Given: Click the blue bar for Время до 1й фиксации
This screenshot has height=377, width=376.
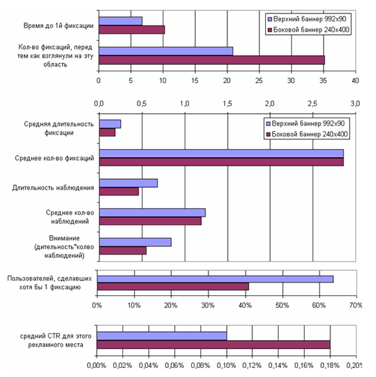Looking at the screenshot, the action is click(121, 21).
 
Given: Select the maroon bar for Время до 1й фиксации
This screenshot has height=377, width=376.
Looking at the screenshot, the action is click(132, 30).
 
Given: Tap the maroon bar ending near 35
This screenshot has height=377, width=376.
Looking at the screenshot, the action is click(212, 60).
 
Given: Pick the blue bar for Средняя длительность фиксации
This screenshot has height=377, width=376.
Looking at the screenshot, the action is click(110, 124).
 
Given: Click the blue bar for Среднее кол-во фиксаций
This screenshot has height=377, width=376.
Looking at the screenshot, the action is click(221, 154).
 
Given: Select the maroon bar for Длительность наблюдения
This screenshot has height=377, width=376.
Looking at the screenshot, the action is click(119, 191).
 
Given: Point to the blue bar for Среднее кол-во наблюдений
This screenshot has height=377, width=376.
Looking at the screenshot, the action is click(152, 212).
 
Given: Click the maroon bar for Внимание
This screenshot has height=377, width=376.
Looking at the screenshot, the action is click(123, 251).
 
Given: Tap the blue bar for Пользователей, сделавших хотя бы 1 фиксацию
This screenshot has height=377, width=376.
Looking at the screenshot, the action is click(215, 279).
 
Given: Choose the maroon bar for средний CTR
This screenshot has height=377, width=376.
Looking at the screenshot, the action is click(214, 345).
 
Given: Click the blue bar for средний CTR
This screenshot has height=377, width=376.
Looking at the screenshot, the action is click(161, 336).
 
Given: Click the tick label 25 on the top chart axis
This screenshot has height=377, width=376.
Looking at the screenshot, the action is click(259, 80).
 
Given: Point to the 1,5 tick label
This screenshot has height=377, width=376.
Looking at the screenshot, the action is click(228, 104).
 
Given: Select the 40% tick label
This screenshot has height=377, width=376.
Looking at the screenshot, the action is click(245, 305).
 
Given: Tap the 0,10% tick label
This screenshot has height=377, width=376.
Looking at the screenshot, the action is click(226, 365).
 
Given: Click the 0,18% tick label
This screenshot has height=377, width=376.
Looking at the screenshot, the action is click(330, 365).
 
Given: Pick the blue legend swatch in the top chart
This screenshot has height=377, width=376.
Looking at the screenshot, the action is click(270, 19).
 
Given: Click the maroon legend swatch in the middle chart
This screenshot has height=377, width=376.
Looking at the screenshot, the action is click(268, 134).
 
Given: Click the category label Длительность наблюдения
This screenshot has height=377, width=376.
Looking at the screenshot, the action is click(53, 188).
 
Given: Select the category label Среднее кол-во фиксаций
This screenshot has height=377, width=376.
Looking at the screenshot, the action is click(54, 158).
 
